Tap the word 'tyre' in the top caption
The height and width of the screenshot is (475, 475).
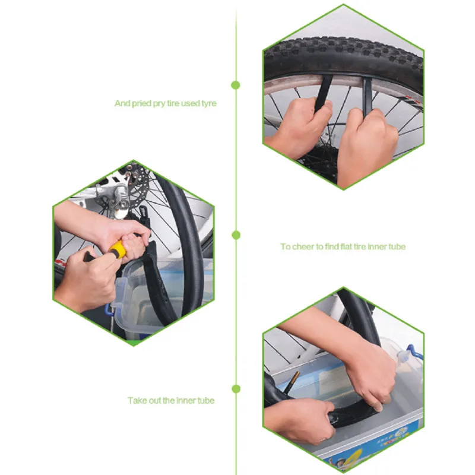(x=208, y=103)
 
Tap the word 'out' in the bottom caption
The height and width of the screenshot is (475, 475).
(x=156, y=400)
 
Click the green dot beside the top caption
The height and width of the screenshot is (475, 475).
(x=236, y=85)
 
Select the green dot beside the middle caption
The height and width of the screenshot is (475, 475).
(x=236, y=235)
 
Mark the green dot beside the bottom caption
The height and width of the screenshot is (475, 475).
(x=236, y=389)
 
